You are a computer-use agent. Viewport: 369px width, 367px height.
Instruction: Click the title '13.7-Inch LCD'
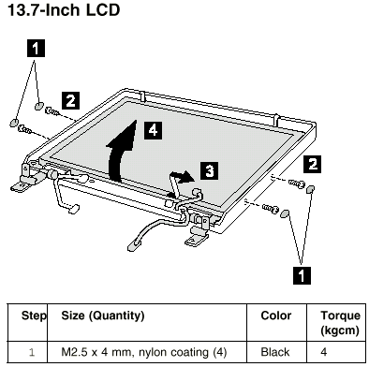64,10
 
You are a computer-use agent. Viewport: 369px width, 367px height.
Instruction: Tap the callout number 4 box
153,130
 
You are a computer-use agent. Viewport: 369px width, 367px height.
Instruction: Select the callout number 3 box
209,170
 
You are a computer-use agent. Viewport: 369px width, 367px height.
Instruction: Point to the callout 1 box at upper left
36,49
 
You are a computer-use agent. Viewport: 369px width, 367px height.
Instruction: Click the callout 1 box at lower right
302,275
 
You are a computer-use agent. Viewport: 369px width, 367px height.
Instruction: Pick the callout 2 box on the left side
70,100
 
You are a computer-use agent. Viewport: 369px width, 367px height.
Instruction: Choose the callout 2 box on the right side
313,164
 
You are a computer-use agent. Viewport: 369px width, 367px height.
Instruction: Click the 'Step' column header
34,316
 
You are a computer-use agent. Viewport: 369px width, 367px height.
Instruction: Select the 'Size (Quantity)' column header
103,316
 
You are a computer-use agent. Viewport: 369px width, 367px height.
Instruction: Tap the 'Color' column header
276,316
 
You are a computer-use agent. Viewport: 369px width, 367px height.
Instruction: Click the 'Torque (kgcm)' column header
340,323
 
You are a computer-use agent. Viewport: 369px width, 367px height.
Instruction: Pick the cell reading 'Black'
275,352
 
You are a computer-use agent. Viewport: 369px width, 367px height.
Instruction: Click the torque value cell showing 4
324,352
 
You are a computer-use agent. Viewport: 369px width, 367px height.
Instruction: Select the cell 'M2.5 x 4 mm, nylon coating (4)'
144,352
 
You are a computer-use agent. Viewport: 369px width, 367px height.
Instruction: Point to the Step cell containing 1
32,352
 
